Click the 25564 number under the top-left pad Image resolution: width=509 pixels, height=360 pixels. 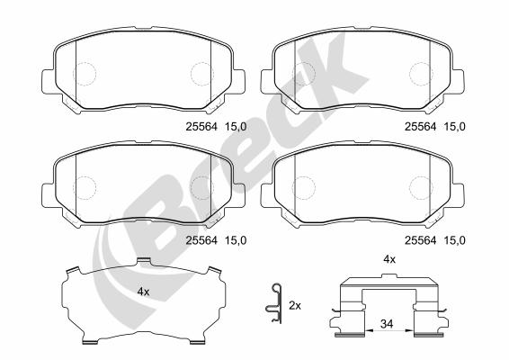click(201, 126)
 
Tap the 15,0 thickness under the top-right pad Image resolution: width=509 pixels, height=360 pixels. click(454, 126)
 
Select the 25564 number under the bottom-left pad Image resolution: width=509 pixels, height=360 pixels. click(201, 240)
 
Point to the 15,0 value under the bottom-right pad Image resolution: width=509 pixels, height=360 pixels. click(454, 240)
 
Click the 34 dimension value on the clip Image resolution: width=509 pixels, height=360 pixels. click(387, 324)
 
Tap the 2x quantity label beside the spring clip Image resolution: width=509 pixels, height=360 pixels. click(295, 305)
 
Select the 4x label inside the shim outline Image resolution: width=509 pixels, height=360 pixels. click(143, 292)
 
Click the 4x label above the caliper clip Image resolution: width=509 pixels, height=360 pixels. click(389, 259)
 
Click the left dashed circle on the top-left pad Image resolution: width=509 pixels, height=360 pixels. click(85, 74)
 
